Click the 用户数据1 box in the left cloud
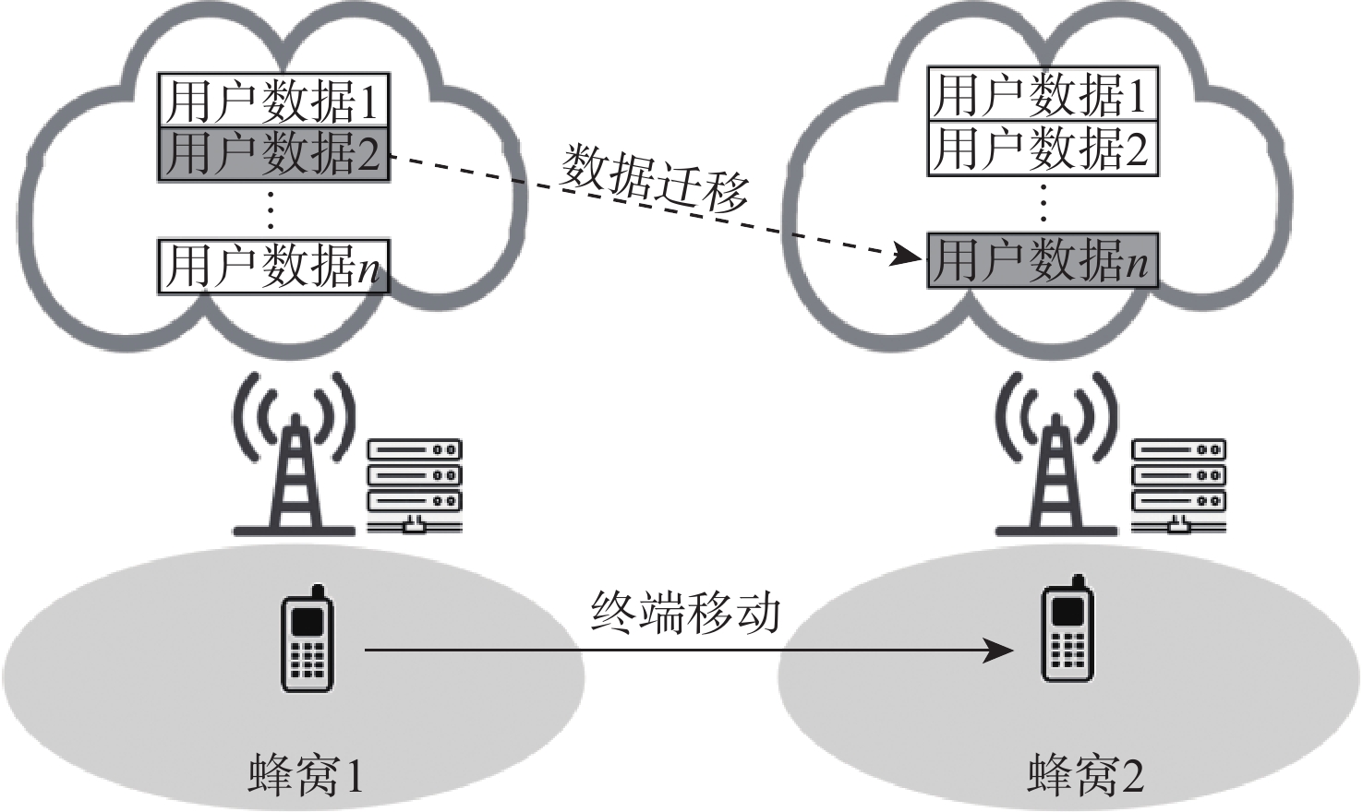273,100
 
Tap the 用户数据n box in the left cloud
273,267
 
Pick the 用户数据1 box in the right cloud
1043,93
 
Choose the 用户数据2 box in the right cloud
1043,148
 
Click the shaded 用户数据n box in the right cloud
1043,259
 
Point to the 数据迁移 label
655,179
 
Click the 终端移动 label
686,611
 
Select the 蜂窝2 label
1085,774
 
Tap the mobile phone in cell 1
307,639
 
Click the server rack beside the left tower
414,485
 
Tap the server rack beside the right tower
1178,485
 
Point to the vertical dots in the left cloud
271,210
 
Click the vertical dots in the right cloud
1043,204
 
